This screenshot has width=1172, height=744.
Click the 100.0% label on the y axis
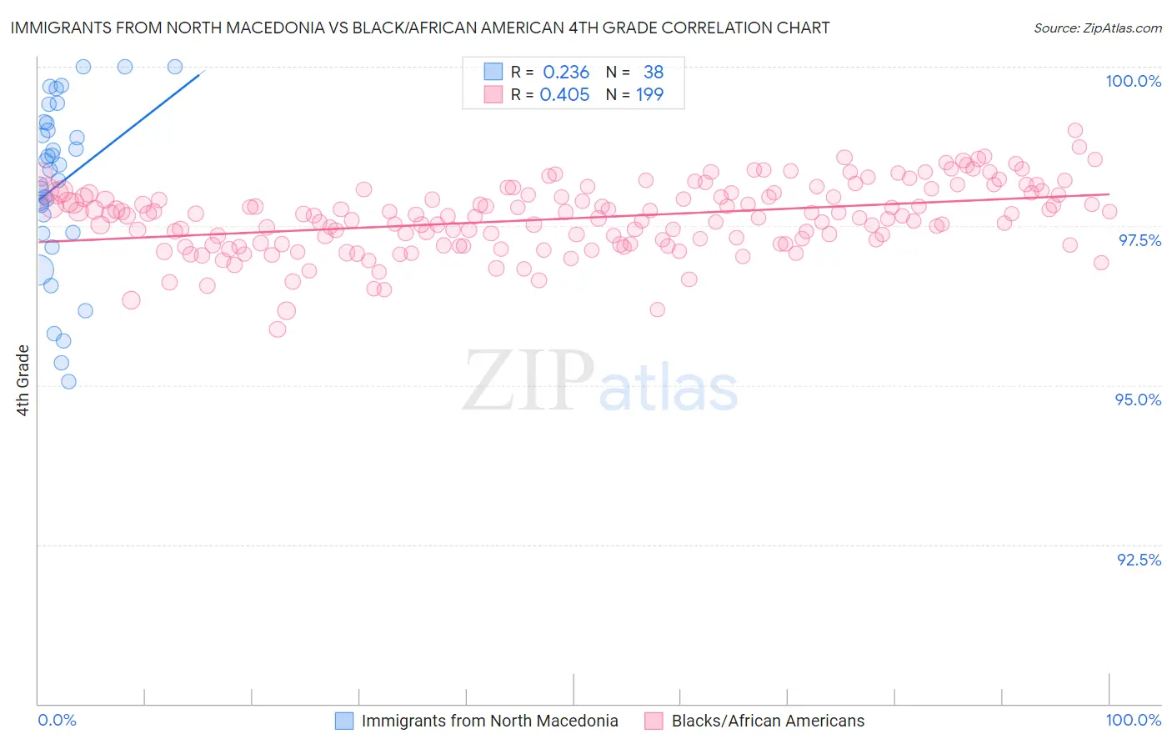coord(1133,81)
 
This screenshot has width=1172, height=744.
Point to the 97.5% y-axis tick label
coord(1139,240)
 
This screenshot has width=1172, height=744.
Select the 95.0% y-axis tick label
coord(1138,400)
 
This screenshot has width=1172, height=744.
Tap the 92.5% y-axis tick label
coord(1139,560)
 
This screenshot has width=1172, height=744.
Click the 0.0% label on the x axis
coord(57,720)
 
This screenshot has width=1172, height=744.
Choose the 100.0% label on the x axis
coord(1133,720)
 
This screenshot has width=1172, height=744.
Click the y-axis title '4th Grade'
coord(23,380)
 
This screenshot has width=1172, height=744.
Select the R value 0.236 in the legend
coord(566,73)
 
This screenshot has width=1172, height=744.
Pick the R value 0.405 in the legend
coord(564,95)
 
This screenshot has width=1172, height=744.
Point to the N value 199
coord(649,95)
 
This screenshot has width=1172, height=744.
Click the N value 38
coord(654,73)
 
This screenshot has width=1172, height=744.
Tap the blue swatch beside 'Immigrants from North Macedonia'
coord(344,721)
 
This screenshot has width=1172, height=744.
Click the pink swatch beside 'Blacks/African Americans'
coord(654,721)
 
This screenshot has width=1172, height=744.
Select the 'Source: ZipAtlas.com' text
coord(1097,28)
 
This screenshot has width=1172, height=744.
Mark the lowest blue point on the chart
coord(68,381)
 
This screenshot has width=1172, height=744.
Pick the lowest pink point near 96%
coord(278,329)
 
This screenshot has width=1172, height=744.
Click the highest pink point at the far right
coord(1075,130)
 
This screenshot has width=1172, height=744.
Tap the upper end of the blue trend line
coord(203,72)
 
